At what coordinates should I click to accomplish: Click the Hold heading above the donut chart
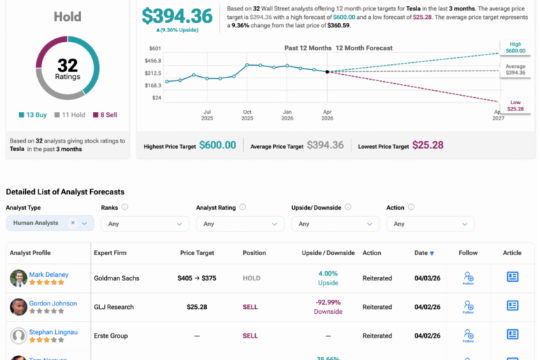tap(67, 15)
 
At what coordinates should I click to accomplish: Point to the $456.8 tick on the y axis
tap(153, 60)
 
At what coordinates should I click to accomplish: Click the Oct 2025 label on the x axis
tap(247, 115)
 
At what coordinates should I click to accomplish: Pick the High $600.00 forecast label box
tap(515, 48)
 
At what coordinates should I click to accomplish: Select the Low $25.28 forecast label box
tap(515, 106)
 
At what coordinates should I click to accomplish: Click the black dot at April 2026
tap(328, 71)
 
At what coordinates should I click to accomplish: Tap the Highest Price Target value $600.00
tap(217, 145)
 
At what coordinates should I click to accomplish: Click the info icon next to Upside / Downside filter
tap(348, 207)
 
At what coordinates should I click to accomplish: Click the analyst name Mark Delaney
tap(49, 275)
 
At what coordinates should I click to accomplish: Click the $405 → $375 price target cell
tap(196, 278)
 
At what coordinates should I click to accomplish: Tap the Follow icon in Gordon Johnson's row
tap(468, 306)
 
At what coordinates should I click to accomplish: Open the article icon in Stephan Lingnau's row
tap(513, 336)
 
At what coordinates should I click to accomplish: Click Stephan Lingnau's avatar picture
tap(18, 336)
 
